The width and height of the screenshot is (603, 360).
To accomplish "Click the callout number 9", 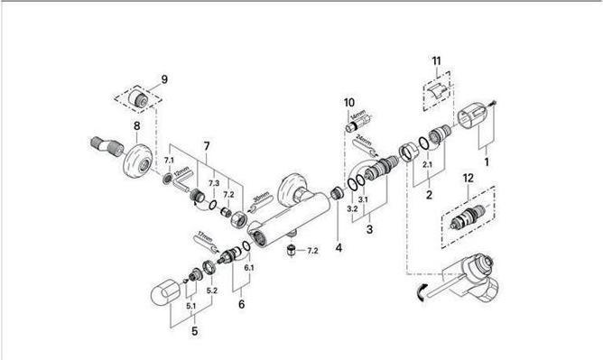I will coord(163,80).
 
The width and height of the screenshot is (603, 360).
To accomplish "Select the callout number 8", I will coord(137,127).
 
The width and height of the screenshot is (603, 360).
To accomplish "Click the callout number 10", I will coord(349,102).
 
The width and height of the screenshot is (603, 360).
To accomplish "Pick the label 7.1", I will coord(169,160).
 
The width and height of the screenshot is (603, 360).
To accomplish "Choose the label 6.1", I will coord(248,268).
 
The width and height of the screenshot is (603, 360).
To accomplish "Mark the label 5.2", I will coord(212,290).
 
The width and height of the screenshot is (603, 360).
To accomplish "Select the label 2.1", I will coord(428,164).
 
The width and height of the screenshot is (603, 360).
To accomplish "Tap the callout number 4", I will coord(338,247).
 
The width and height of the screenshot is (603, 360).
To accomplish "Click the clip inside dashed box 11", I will coord(438,88).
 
